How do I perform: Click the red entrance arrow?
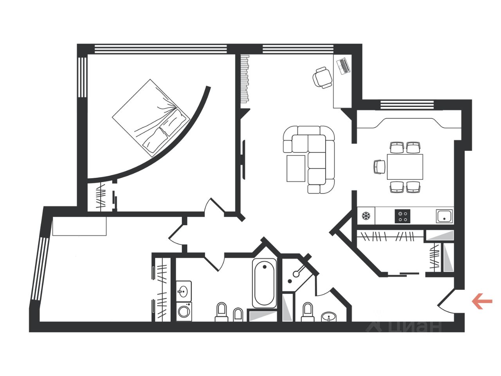(x=482, y=301)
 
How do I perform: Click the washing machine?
(x=183, y=312)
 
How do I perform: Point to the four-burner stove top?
(x=403, y=216)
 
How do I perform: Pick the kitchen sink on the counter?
(x=444, y=216)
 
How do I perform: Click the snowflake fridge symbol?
(x=366, y=216)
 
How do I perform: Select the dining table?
(x=405, y=167)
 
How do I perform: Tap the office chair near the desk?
(x=322, y=77)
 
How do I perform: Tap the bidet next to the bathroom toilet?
(x=238, y=314)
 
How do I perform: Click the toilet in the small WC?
(x=308, y=312)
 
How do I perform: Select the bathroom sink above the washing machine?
(x=183, y=291)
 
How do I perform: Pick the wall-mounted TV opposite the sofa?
(x=243, y=159)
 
